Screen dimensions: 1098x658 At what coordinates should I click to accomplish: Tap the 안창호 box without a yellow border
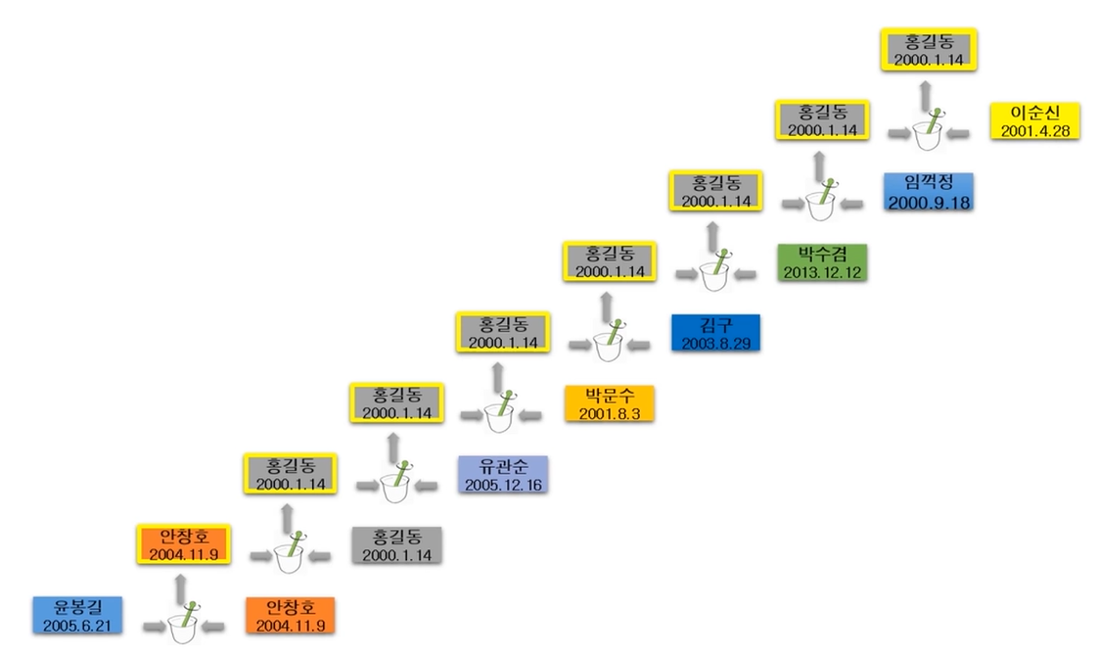[291, 614]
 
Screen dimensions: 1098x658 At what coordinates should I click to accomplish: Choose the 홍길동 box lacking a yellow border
[396, 544]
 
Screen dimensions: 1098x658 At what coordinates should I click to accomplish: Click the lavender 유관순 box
[503, 474]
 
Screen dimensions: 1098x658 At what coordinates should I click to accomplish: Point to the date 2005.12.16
[503, 484]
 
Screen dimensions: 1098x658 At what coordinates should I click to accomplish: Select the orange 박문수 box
[609, 403]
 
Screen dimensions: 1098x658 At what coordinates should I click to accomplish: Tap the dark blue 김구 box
[715, 333]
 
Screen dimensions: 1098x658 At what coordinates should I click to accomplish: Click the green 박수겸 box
[822, 262]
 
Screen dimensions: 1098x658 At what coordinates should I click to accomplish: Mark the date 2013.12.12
[822, 272]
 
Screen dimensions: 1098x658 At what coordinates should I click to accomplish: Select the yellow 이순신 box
[1034, 121]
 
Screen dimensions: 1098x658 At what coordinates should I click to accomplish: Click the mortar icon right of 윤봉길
[185, 622]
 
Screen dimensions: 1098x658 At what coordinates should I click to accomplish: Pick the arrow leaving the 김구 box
[640, 344]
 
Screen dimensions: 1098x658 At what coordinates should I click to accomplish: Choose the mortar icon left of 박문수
[502, 411]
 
